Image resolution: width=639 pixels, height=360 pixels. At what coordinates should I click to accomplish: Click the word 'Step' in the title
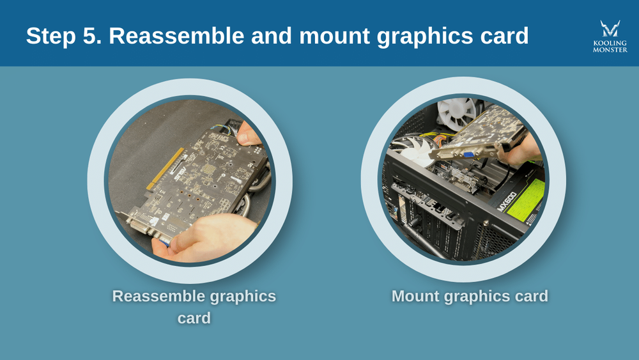pos(53,36)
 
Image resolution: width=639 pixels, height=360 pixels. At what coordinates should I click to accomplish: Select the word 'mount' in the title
pos(332,36)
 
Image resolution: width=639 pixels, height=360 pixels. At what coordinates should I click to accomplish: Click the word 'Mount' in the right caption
pos(420,297)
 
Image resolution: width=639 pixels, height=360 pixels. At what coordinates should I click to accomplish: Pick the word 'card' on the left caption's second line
pos(194,318)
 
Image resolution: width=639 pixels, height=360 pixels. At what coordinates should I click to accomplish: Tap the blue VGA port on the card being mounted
pos(468,154)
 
